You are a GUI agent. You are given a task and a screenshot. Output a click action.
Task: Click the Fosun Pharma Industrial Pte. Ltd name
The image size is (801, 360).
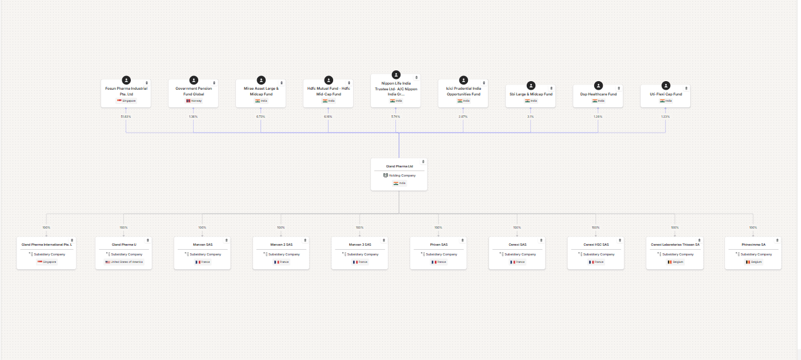click(x=126, y=91)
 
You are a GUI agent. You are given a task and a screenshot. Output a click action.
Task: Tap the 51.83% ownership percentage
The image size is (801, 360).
click(x=126, y=117)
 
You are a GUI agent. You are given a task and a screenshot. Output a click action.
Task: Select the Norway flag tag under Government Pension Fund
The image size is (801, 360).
click(x=194, y=101)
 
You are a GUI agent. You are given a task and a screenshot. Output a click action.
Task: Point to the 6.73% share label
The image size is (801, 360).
click(x=261, y=117)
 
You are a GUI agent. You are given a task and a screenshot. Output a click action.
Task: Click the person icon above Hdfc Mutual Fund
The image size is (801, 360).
click(x=329, y=81)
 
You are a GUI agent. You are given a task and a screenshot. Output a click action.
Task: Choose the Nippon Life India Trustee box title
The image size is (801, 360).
click(x=396, y=89)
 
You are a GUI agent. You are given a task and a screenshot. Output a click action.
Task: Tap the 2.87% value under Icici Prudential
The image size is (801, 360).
click(x=463, y=117)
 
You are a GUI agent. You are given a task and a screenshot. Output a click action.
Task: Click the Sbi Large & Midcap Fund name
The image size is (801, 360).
click(x=531, y=94)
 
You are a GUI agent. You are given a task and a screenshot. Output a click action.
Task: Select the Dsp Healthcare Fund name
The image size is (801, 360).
click(x=598, y=94)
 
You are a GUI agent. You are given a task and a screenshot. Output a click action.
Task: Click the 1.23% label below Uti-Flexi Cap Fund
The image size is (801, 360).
click(x=665, y=117)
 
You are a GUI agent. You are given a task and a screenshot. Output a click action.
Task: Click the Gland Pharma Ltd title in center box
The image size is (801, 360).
click(x=399, y=166)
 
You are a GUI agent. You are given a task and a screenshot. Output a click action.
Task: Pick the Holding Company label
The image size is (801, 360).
click(x=402, y=175)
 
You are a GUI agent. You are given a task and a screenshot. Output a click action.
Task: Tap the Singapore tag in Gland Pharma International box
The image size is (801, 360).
click(x=46, y=262)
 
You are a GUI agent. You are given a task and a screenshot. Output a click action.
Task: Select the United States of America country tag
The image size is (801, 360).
click(x=124, y=262)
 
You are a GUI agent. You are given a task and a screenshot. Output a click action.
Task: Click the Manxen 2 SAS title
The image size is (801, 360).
click(x=281, y=245)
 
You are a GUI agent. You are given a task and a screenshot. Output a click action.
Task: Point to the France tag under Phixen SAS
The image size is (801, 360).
click(x=438, y=262)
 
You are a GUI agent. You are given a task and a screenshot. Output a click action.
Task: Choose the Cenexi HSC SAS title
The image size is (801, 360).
click(x=596, y=245)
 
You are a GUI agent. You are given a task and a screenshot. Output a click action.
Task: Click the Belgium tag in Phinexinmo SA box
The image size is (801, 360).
click(x=753, y=262)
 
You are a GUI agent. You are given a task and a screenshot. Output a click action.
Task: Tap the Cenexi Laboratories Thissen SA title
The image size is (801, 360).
click(x=675, y=245)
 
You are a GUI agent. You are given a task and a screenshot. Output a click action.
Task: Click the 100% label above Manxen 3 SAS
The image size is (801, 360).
click(x=359, y=227)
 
